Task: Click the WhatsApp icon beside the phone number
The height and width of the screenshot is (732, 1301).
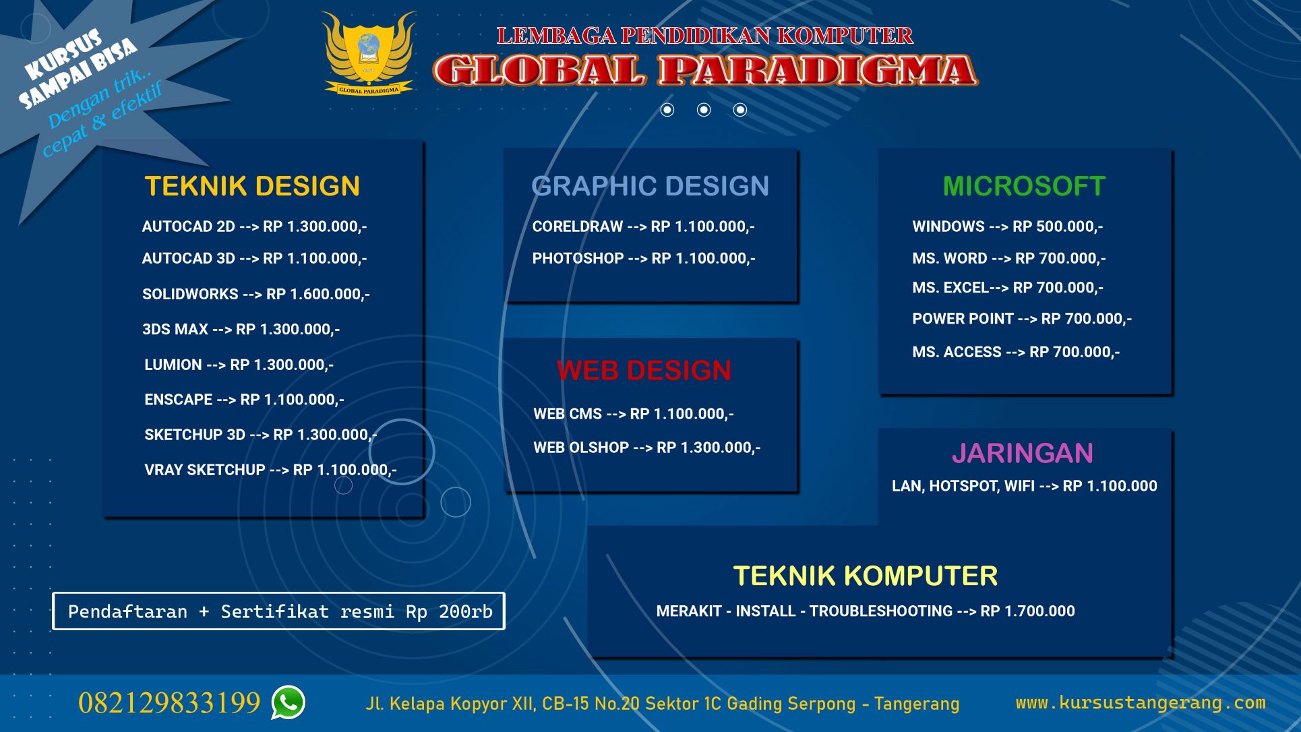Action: [288, 702]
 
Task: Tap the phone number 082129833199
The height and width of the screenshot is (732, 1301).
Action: [169, 702]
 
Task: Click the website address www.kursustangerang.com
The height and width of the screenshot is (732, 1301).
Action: [1141, 702]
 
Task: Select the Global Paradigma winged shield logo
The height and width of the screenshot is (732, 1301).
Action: [369, 53]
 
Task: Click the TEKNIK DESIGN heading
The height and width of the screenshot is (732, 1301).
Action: [252, 186]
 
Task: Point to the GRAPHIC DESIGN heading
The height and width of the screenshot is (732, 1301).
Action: [650, 186]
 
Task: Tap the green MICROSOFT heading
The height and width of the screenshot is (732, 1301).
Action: [1024, 186]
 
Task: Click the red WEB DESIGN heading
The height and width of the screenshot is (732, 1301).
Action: [644, 371]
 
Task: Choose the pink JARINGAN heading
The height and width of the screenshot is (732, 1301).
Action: [1022, 453]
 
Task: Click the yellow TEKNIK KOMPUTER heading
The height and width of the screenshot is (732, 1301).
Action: [865, 576]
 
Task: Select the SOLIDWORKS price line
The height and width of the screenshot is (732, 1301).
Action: [256, 294]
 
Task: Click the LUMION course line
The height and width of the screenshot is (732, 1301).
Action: [239, 365]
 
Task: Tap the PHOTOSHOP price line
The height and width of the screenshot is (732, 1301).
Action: [644, 258]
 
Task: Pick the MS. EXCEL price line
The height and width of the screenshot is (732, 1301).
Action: [1008, 288]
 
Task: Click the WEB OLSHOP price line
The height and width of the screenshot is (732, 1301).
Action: [647, 448]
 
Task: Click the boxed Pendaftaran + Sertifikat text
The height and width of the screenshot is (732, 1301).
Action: [279, 611]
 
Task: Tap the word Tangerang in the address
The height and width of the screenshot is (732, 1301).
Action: [917, 704]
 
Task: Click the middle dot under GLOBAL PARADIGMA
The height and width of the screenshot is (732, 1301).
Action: [704, 110]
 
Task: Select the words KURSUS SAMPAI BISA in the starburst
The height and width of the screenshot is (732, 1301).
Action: [78, 69]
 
